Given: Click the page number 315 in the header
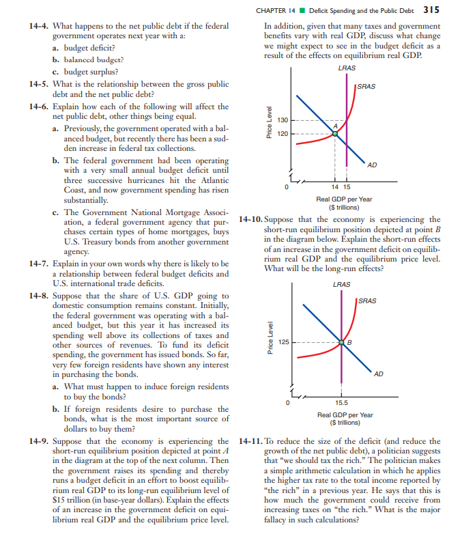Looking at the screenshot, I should (431, 10).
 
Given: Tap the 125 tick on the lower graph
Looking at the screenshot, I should (284, 341).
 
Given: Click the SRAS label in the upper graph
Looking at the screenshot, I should (367, 86).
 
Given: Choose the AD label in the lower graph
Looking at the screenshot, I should (379, 374).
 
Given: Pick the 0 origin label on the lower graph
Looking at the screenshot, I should (289, 403).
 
